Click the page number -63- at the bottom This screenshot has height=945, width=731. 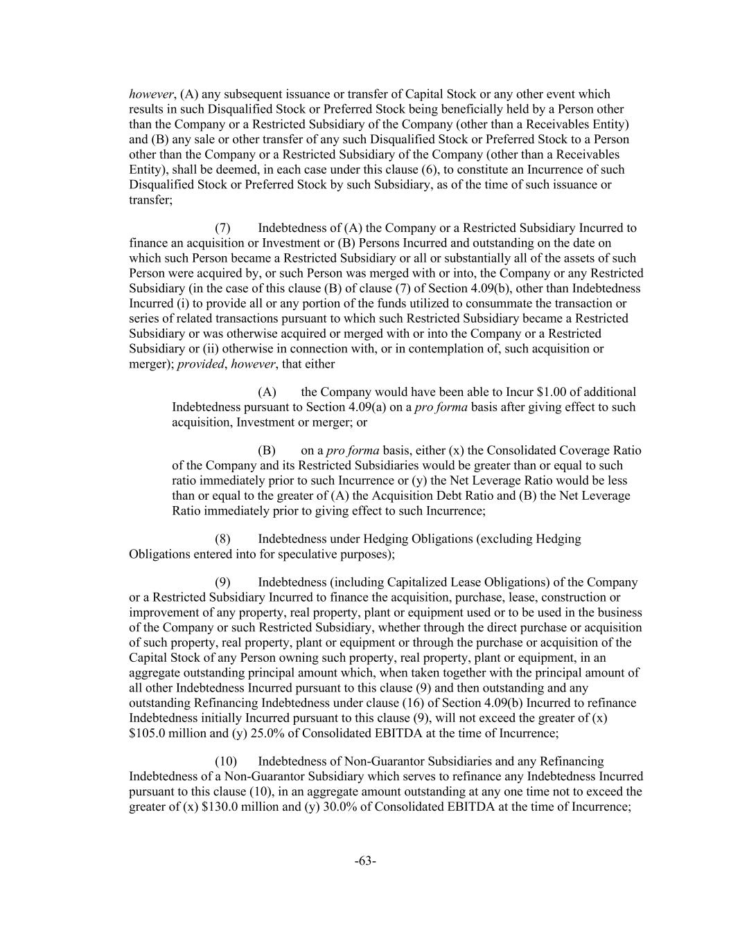click(365, 861)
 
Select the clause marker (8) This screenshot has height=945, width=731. click(222, 539)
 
